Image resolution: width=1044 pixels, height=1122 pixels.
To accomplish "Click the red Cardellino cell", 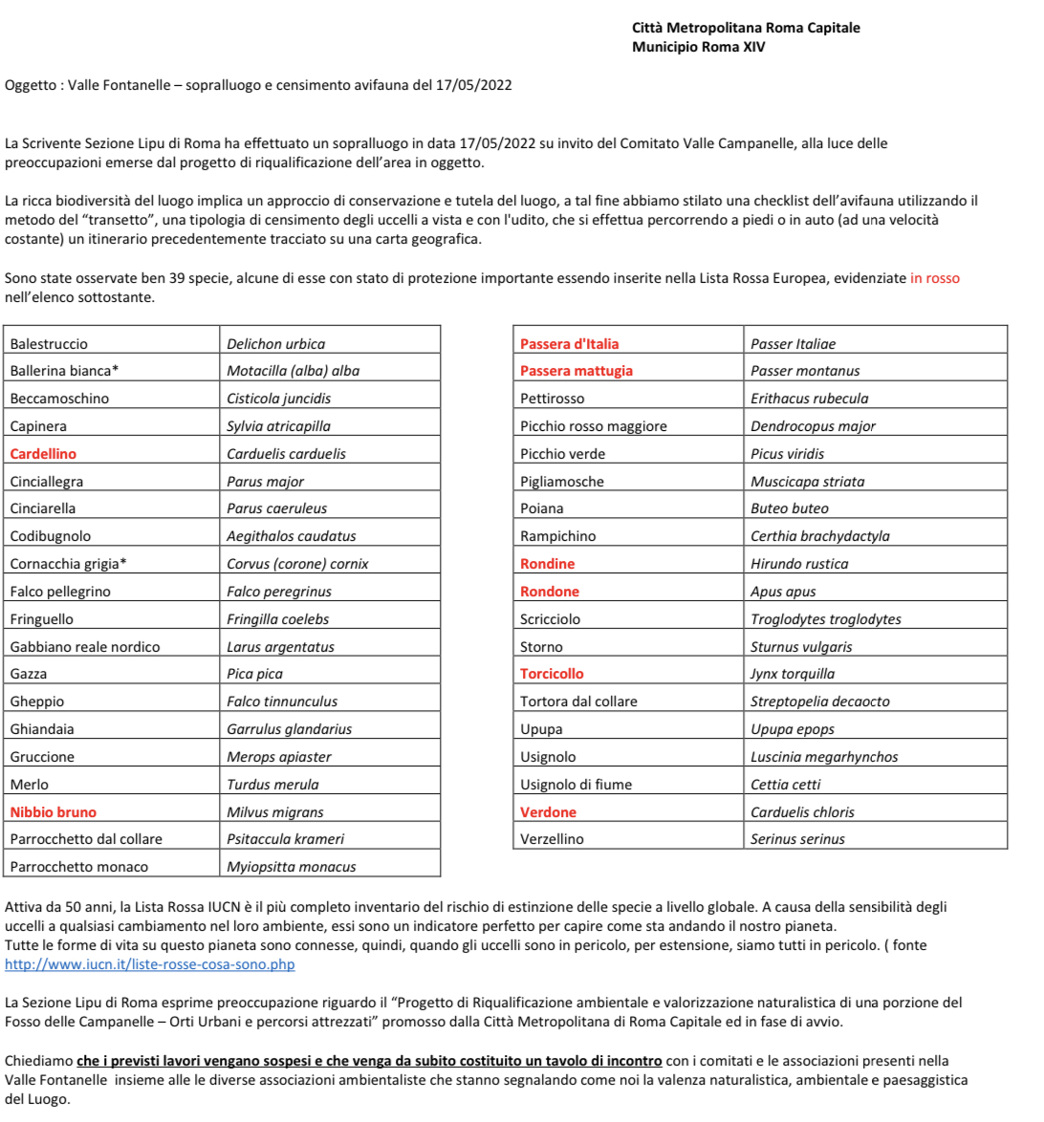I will point(43,454).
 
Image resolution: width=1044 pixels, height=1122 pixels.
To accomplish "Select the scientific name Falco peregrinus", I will point(279,592).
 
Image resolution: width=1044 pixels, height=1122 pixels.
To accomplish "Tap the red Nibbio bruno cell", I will point(54,812).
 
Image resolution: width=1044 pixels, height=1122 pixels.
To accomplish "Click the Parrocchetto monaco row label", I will point(79,867).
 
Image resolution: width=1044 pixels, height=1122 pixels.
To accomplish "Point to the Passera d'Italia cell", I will point(569,344).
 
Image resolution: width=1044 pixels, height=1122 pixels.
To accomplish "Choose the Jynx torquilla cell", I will point(793,674).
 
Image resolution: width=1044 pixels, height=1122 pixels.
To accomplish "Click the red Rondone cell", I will point(550,592).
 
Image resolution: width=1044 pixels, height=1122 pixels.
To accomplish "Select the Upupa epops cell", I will point(793,729).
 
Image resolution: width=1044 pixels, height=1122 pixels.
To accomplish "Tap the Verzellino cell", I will point(552,839).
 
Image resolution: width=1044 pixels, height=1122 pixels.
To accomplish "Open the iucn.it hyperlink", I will point(150,964).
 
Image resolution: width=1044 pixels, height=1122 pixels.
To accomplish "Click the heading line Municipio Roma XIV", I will point(698,47).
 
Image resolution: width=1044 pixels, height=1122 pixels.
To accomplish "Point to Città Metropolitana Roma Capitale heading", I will point(746,28).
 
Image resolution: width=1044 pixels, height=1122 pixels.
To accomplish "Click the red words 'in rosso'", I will point(934,278).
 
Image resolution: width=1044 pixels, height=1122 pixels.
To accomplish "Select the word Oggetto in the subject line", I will point(31,85).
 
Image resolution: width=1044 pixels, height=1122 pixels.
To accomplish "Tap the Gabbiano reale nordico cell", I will point(85,647).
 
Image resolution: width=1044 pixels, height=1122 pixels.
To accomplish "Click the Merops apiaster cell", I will point(279,757).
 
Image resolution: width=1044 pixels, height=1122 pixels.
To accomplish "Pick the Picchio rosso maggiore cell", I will point(594,426).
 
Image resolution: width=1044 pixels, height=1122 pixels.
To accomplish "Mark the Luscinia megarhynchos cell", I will point(824,757).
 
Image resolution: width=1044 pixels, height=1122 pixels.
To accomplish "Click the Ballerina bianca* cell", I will point(64,371).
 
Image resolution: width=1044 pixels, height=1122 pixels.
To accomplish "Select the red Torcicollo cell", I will point(552,674).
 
